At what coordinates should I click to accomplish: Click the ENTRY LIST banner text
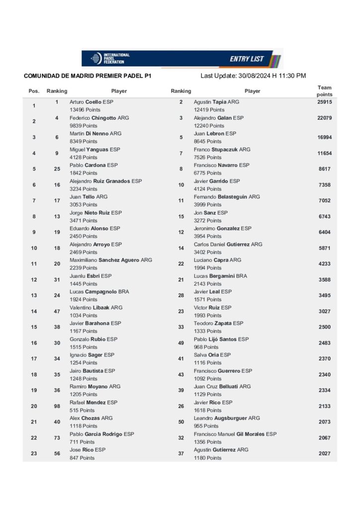(x=247, y=59)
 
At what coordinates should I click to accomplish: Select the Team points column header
(x=324, y=91)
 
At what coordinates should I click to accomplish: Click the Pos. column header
(x=34, y=91)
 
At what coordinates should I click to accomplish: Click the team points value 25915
(x=324, y=102)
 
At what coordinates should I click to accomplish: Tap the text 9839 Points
(x=84, y=126)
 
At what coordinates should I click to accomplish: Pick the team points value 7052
(x=324, y=200)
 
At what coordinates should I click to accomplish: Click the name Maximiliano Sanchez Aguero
(x=110, y=260)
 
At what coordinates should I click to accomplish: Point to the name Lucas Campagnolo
(x=99, y=292)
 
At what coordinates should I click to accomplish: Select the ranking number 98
(x=57, y=406)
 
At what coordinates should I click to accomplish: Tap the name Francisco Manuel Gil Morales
(x=235, y=434)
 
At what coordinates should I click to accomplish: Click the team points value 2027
(x=324, y=453)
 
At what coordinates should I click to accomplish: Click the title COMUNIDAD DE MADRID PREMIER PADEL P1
(x=87, y=77)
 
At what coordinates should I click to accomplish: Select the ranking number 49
(x=181, y=343)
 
